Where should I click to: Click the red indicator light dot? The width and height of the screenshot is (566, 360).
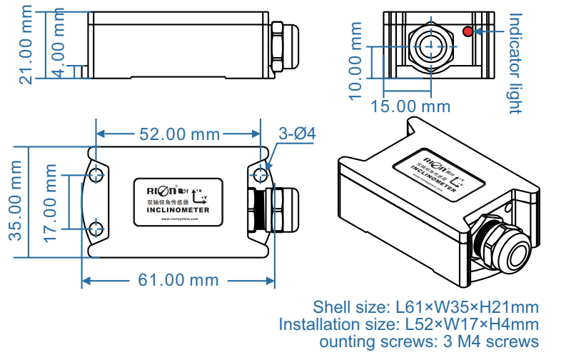coord(468,31)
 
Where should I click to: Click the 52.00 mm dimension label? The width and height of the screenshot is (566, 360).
coord(178,134)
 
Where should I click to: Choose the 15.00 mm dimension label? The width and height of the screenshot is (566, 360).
coord(413,106)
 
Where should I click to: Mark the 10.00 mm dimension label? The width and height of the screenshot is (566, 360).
coord(355,61)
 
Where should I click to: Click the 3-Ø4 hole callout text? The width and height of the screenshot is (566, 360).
coord(297,134)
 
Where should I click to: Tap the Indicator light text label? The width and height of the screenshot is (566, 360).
coord(515,63)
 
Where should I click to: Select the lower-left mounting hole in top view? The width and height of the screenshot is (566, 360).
coord(96,229)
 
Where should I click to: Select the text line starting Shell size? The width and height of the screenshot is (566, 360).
coord(426,307)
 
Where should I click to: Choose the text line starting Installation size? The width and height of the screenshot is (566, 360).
coord(409,324)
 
